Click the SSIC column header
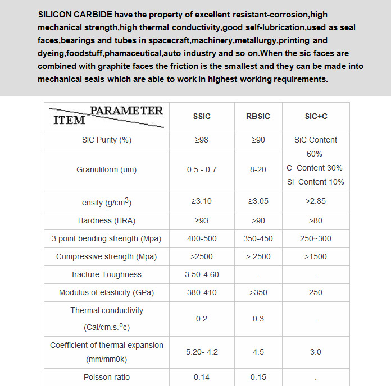(202, 116)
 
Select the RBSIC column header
(258, 116)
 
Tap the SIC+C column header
(315, 116)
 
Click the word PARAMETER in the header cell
(126, 111)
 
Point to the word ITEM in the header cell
(69, 120)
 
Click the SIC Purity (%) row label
(106, 140)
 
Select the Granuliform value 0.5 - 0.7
(202, 169)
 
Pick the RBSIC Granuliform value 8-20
(258, 169)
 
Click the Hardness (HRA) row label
(106, 220)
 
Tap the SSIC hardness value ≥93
(202, 220)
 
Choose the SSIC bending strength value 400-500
(202, 238)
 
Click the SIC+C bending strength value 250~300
(315, 238)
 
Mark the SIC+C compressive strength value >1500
(315, 256)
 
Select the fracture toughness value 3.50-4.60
(202, 274)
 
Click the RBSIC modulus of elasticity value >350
(258, 292)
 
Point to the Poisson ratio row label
(106, 377)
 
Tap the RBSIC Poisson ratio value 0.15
(258, 377)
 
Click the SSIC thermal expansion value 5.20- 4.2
(202, 352)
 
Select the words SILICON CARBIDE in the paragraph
(75, 14)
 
